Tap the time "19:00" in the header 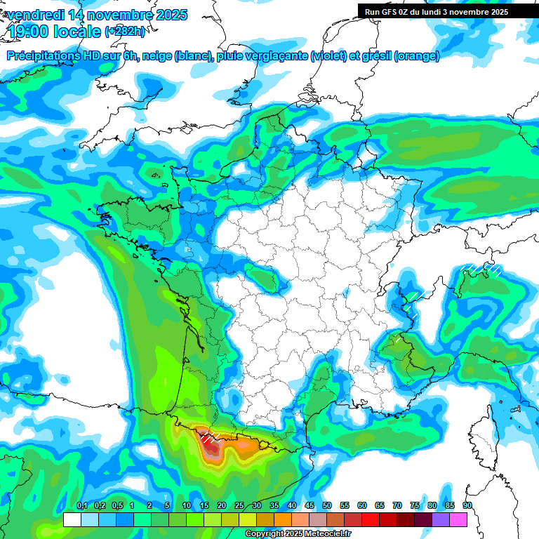click(x=32, y=32)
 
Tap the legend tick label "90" click(x=467, y=506)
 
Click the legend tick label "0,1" click(x=82, y=506)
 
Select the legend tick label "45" click(x=310, y=506)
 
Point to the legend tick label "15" click(x=204, y=506)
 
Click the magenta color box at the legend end click(x=458, y=519)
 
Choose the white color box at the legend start click(x=72, y=519)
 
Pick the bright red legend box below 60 click(x=371, y=519)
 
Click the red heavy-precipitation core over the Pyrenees click(x=211, y=447)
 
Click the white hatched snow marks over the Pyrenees click(x=210, y=438)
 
